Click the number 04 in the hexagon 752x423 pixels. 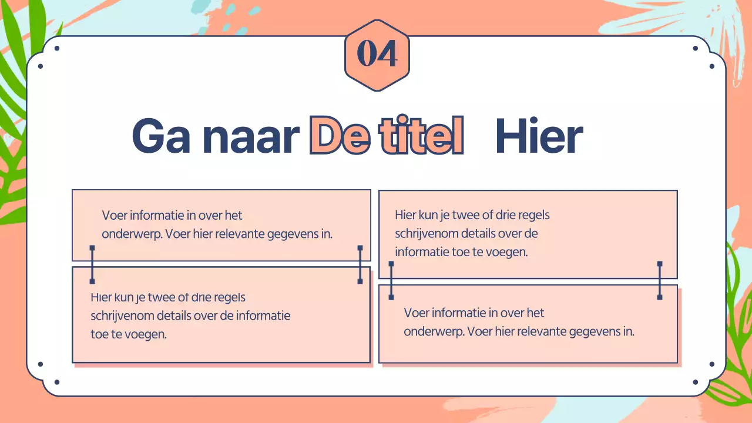(377, 55)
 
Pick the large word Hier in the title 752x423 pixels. (539, 137)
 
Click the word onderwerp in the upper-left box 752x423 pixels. (131, 234)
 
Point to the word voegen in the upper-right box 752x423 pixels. (507, 252)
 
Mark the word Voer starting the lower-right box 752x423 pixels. (417, 313)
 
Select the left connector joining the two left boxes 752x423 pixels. (92, 265)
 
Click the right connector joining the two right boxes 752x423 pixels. (660, 281)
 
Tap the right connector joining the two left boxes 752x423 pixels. (360, 265)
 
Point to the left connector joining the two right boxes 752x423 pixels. (392, 281)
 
